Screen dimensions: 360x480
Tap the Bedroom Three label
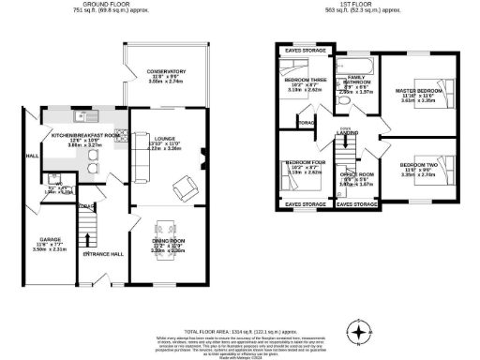[304, 82]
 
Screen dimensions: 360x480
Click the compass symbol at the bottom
[357, 332]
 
